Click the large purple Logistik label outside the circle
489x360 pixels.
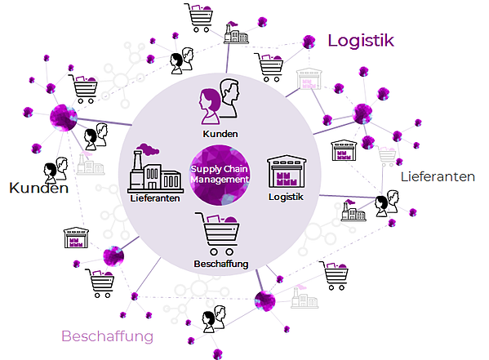point(361,41)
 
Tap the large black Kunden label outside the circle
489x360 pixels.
point(38,188)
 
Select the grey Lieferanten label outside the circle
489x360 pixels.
point(438,177)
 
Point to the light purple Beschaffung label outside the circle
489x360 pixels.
point(108,336)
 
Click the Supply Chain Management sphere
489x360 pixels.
point(220,175)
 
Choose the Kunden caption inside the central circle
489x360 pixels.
point(220,134)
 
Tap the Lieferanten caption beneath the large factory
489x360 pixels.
point(155,198)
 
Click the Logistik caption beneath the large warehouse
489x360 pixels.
point(286,197)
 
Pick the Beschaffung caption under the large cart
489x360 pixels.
point(221,264)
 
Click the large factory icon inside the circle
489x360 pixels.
point(155,168)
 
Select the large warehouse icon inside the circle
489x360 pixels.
point(287,171)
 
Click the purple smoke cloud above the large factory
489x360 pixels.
point(148,149)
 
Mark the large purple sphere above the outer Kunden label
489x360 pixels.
point(64,118)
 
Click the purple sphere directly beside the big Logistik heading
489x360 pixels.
point(309,42)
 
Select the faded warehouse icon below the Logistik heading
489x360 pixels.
point(309,79)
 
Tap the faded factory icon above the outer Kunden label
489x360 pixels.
point(90,164)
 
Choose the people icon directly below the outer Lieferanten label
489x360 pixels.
point(387,203)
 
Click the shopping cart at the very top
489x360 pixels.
point(199,17)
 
